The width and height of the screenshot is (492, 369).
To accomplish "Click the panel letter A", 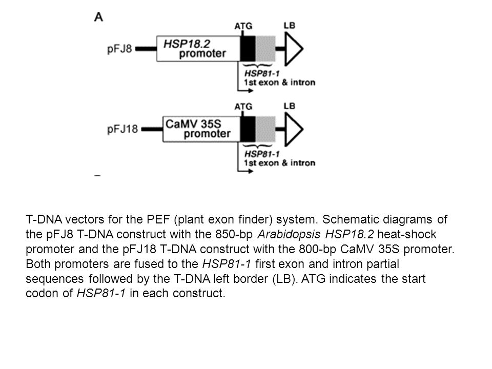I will click(x=98, y=17).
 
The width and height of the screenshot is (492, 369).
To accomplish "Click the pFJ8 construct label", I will click(x=119, y=50).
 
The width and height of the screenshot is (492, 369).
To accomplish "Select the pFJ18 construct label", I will click(x=122, y=129).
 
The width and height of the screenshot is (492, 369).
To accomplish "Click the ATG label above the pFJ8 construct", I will click(x=243, y=25).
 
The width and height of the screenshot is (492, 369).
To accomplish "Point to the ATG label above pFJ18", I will click(x=243, y=106).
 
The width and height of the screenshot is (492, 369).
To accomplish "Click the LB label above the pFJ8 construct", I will click(x=289, y=24).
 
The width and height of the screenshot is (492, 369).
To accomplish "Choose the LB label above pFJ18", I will click(x=289, y=106).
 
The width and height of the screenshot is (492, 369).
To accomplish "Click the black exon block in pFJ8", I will click(x=249, y=48).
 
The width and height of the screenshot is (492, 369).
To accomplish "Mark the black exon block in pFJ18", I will click(x=249, y=129).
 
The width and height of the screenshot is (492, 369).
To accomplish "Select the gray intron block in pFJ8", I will click(x=265, y=48).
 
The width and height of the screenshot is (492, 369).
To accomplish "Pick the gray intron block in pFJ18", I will click(x=265, y=129).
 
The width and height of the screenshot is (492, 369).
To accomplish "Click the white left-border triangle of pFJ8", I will click(x=292, y=49).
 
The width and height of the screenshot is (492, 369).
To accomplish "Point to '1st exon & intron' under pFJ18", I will click(x=280, y=163).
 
